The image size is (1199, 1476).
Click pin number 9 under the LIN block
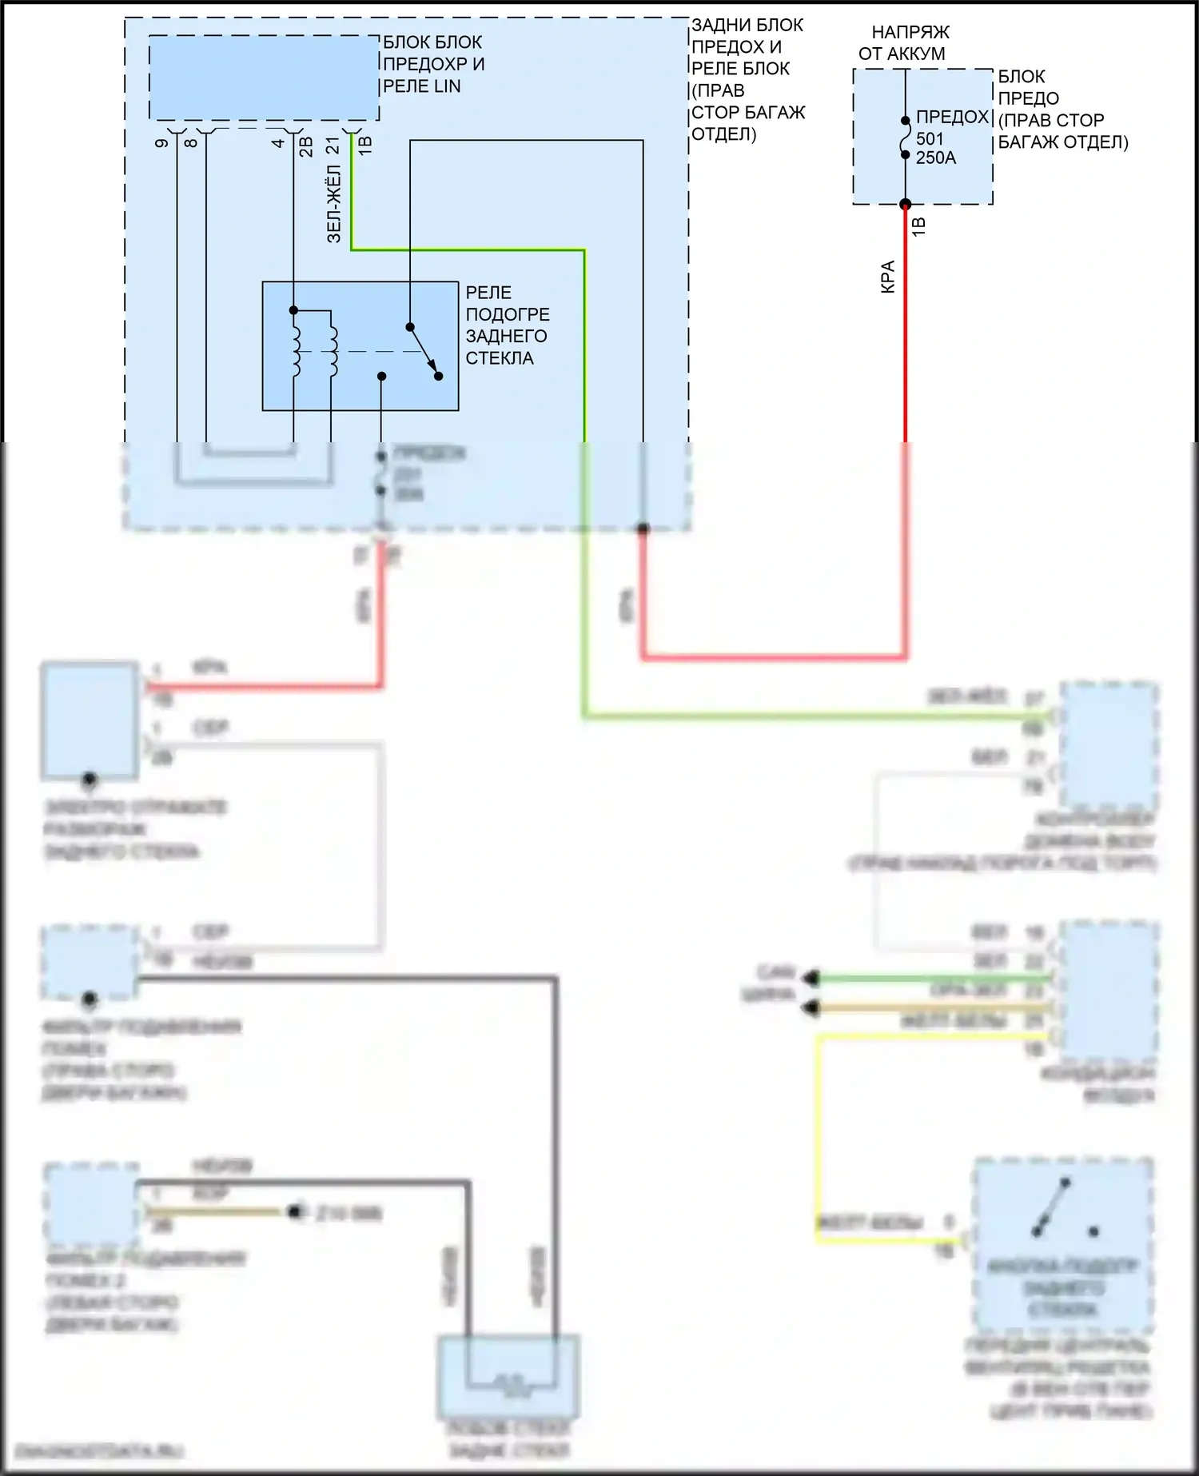pos(162,143)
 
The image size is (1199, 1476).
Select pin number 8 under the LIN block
pos(191,143)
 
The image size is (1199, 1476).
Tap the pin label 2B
pos(306,146)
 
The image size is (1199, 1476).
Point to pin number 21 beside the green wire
pos(333,145)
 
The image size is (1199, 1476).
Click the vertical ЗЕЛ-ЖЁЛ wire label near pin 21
pos(334,203)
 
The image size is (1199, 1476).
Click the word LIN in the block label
pos(444,86)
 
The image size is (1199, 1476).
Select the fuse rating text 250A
pos(935,158)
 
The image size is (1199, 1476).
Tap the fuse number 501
pos(930,138)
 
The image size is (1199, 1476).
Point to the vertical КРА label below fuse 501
pos(887,277)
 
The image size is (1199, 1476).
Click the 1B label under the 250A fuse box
pos(919,226)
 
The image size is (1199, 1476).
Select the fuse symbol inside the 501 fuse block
pos(906,138)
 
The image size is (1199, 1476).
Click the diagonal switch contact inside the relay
pos(424,351)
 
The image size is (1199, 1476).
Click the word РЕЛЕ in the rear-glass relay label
pos(488,293)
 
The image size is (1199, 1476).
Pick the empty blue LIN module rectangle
pos(264,78)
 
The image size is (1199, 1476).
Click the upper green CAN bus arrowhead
pos(811,977)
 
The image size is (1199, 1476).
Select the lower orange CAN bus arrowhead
pos(811,1008)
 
